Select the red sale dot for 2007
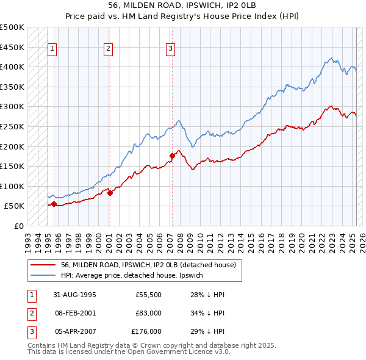coord(172,156)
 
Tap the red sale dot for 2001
coord(110,193)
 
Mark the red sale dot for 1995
coord(54,204)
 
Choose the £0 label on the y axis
coord(18,226)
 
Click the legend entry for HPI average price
coord(135,275)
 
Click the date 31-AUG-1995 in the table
coord(76,295)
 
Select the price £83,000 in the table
coord(148,314)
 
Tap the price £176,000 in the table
coord(146,331)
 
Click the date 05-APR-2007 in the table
coord(75,331)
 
